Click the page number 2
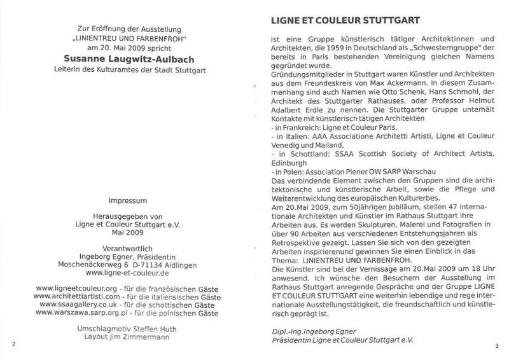tap(13, 344)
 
